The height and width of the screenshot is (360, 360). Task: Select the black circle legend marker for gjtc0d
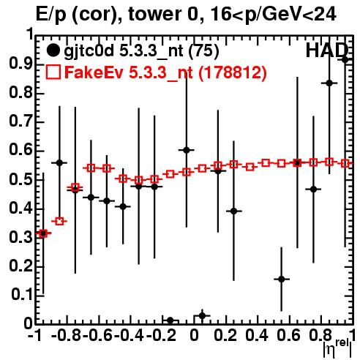tap(53, 50)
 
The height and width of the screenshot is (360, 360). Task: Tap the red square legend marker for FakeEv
tap(53, 72)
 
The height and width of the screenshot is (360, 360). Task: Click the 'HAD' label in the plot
tap(326, 50)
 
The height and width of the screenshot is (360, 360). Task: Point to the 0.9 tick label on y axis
tap(20, 64)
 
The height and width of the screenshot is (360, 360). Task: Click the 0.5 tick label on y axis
tap(20, 179)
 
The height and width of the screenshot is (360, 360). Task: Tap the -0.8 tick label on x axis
tap(67, 335)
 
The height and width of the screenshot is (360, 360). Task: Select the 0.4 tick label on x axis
tap(257, 335)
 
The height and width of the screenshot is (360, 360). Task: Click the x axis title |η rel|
tap(338, 348)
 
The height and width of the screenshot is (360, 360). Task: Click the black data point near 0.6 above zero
tap(187, 150)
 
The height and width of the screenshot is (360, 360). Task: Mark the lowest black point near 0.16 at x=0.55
tap(282, 280)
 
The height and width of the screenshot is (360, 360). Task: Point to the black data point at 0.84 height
tap(329, 83)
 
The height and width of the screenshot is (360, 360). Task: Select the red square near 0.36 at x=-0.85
tap(59, 222)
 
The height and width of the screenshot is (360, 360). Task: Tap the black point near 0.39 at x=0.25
tap(233, 211)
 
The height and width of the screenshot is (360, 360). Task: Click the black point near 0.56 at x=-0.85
tap(59, 163)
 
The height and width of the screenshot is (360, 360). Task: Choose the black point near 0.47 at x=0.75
tap(313, 190)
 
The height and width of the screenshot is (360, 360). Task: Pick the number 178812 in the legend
tap(233, 72)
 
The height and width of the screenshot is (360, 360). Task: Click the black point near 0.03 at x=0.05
tap(202, 316)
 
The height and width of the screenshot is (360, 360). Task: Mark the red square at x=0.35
tap(250, 168)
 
